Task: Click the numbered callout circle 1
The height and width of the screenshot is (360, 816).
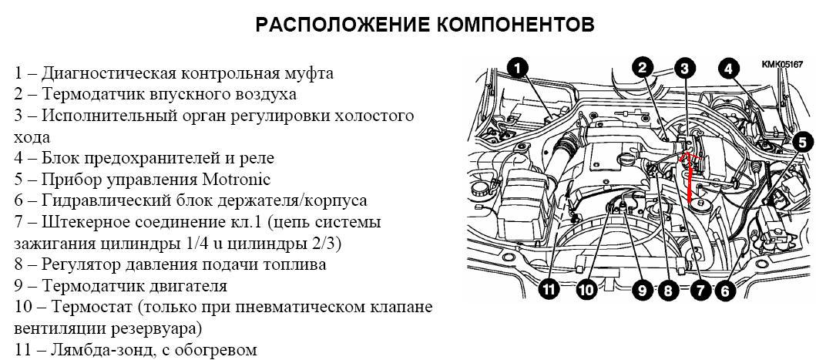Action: (518, 68)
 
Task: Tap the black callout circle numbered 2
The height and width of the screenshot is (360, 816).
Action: (643, 68)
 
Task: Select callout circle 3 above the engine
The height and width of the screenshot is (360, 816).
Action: (685, 68)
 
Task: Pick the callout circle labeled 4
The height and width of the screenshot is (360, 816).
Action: (729, 69)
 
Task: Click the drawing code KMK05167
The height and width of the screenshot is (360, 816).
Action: (781, 64)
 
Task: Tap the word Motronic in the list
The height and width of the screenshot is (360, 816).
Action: (234, 180)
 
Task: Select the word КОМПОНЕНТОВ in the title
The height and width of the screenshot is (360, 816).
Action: (515, 25)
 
